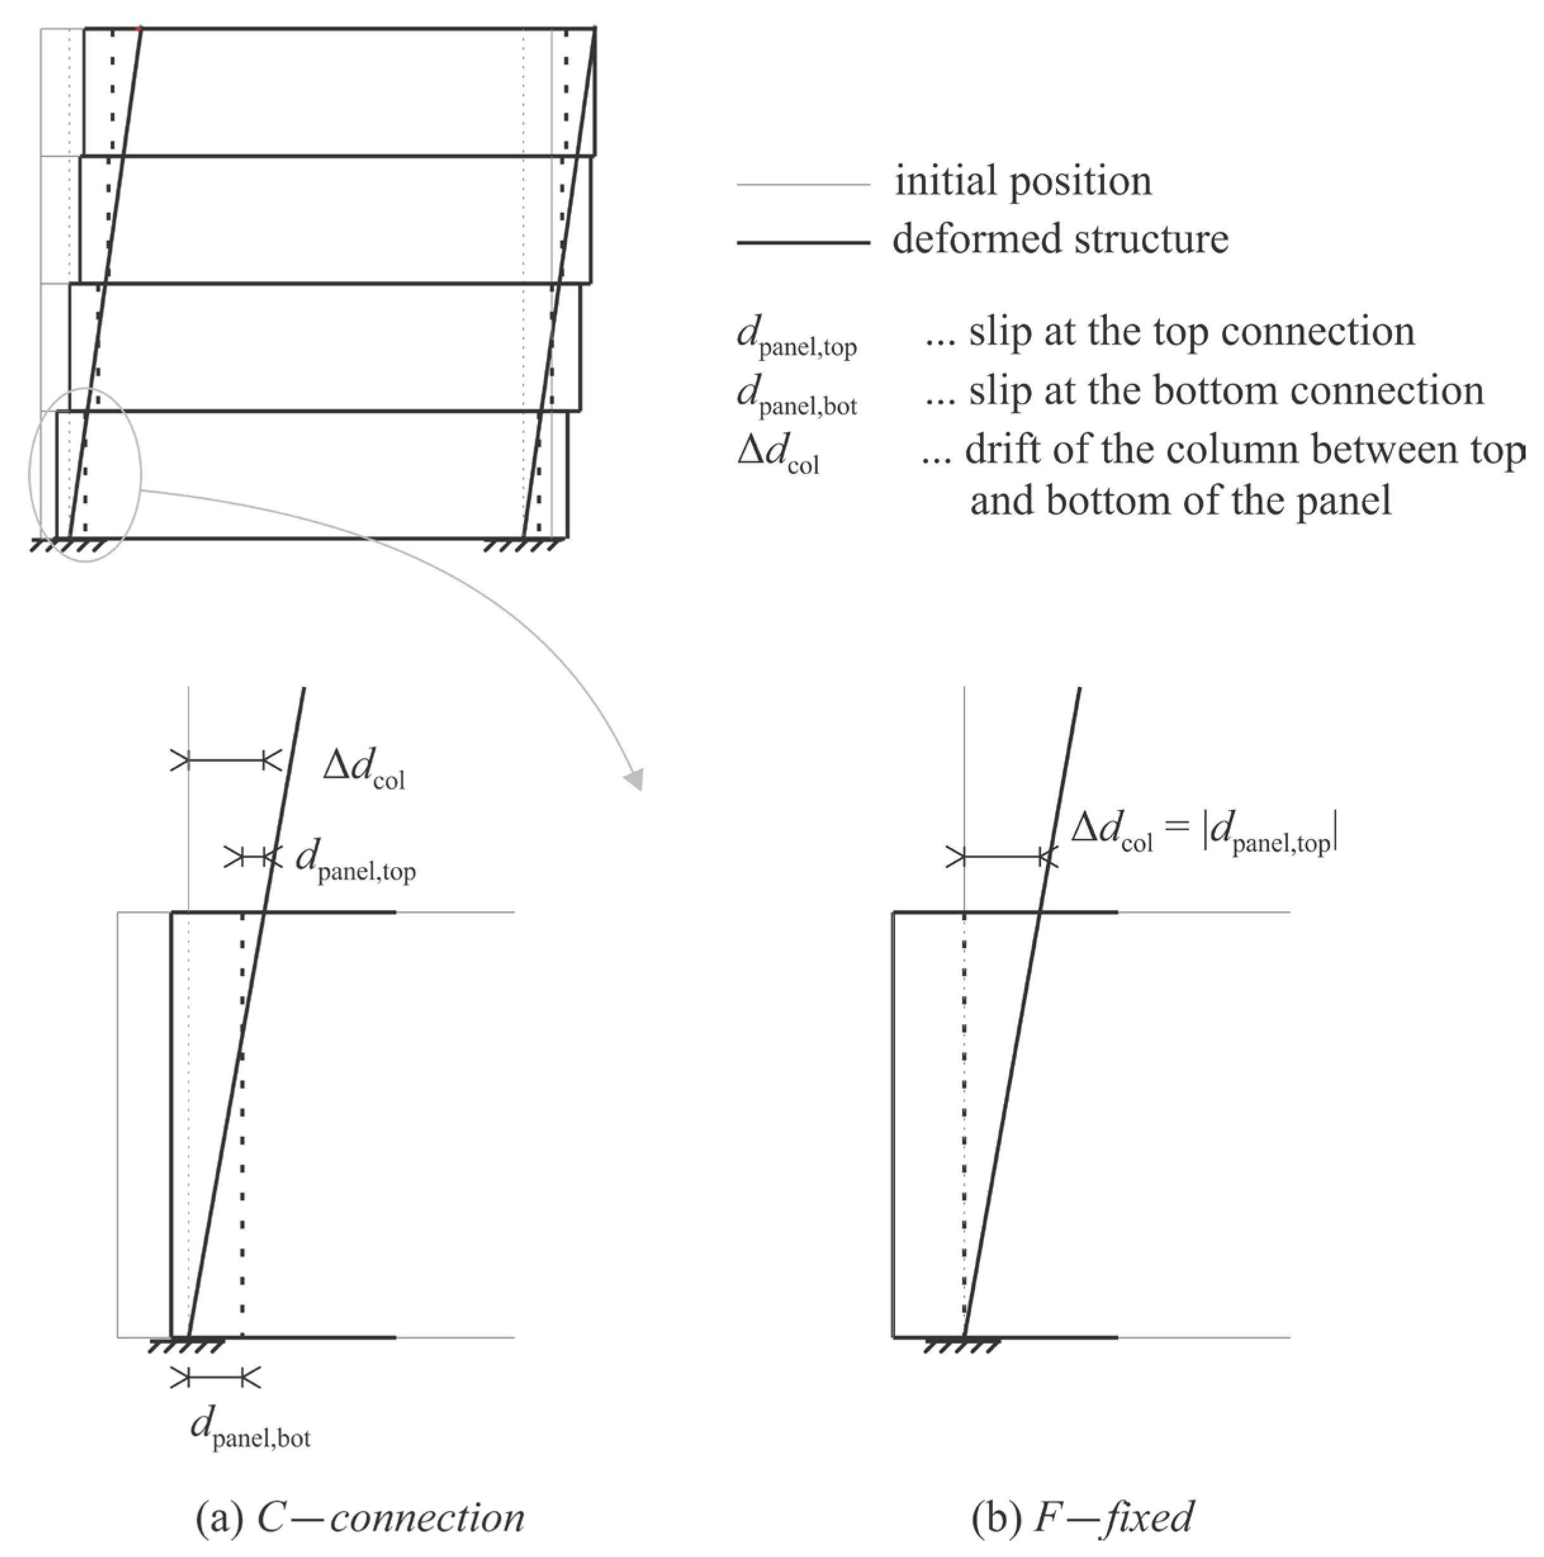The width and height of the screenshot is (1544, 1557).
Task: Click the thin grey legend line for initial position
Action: click(x=803, y=184)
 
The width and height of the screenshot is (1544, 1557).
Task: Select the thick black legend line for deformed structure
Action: click(x=803, y=242)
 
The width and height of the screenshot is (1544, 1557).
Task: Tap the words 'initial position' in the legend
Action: click(x=1023, y=181)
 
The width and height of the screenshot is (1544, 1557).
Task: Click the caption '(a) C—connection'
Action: click(x=360, y=1518)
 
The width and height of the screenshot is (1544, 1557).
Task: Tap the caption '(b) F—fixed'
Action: click(x=1082, y=1518)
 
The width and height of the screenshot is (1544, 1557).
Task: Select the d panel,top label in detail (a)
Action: click(x=355, y=861)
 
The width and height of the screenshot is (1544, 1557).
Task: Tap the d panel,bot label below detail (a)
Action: click(x=250, y=1427)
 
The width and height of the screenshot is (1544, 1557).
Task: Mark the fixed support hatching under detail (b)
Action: click(x=963, y=1346)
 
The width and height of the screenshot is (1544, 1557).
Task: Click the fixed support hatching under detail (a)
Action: click(x=187, y=1346)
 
